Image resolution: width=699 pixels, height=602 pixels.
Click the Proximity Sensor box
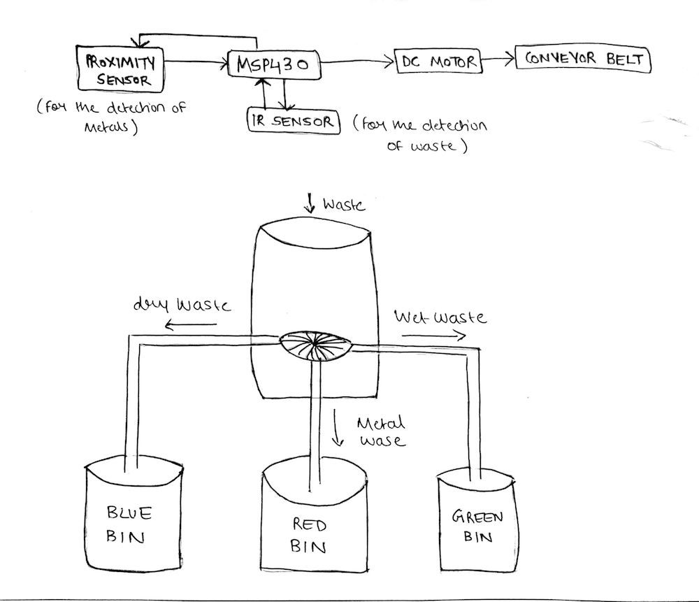120,69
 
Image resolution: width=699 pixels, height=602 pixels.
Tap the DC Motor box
439,62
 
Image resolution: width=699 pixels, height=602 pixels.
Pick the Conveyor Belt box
582,58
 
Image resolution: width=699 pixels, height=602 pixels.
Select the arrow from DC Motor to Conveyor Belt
498,60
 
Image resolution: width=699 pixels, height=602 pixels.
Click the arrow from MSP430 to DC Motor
356,63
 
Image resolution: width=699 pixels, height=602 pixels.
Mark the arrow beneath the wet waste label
433,335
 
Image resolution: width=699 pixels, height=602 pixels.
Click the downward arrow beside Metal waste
339,427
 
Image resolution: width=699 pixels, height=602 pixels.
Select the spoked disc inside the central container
315,344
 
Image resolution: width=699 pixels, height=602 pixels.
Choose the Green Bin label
478,526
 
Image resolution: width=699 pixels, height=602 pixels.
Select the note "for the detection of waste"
419,136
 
